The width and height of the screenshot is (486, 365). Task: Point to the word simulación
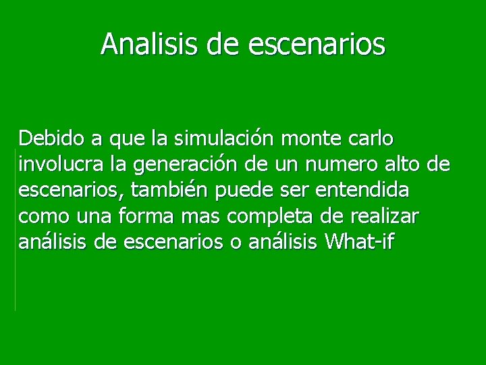(223, 139)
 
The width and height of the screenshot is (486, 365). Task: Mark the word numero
(329, 165)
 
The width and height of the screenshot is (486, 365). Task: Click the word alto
(396, 165)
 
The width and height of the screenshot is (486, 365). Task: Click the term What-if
(362, 242)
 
